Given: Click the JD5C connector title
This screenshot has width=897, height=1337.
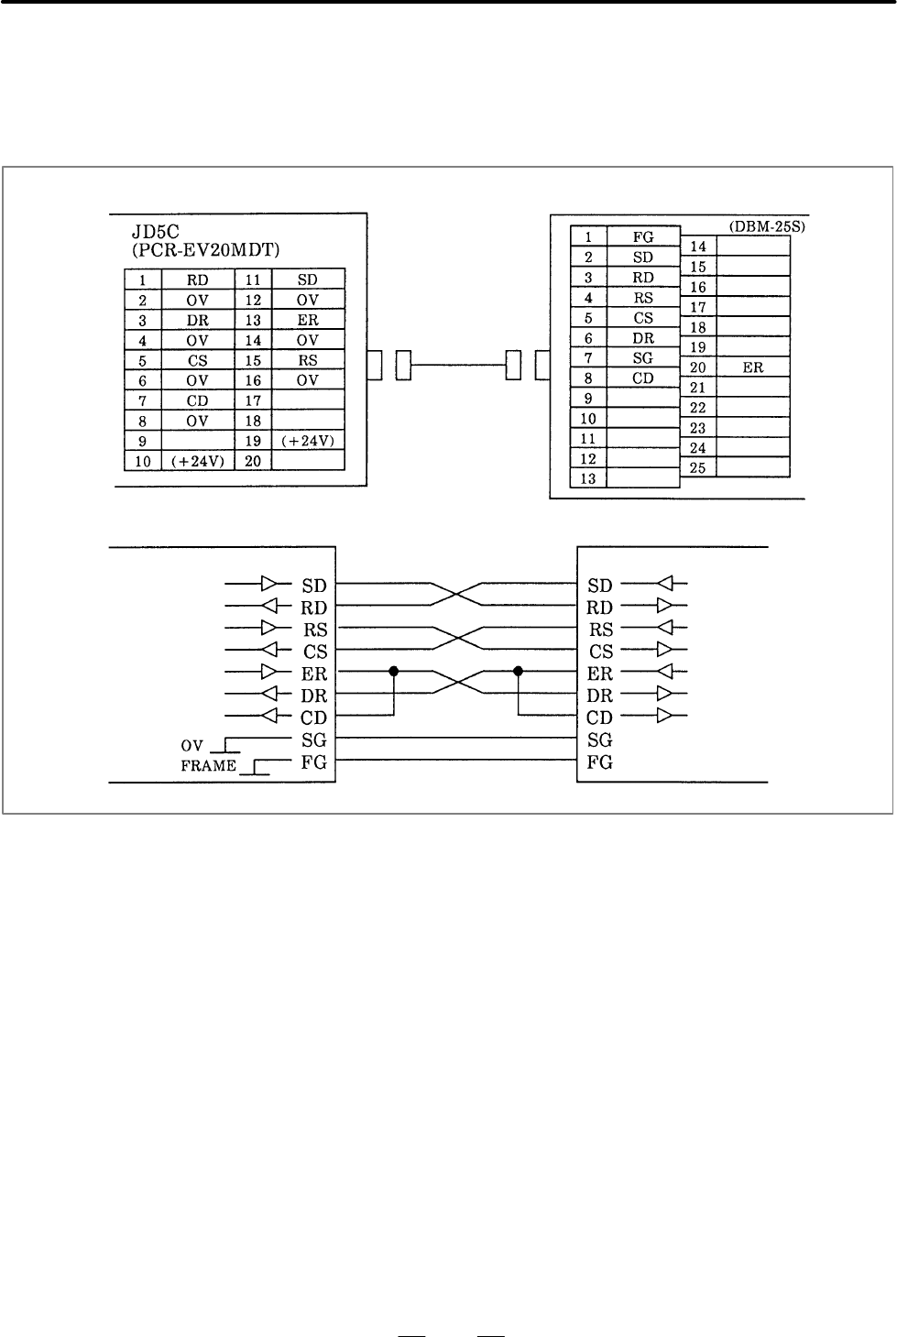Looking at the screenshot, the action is tap(155, 232).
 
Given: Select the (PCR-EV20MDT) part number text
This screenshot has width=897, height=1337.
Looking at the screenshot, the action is tap(206, 250).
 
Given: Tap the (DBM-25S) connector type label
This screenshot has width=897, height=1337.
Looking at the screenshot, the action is tap(767, 227).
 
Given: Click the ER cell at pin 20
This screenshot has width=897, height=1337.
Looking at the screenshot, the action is tap(752, 367).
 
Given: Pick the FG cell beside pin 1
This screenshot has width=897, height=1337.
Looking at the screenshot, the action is tap(643, 237).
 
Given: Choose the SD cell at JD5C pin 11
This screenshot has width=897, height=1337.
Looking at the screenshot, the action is tap(308, 279).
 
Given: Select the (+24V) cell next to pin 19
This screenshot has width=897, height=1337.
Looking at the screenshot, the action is tap(308, 441).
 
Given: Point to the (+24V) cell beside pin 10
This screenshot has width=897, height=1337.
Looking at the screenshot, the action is tap(198, 461).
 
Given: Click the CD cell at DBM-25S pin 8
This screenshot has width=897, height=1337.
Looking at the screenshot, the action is tap(643, 378).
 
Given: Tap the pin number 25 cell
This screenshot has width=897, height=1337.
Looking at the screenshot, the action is tap(698, 468).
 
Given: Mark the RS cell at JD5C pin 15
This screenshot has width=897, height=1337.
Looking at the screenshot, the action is tap(308, 360).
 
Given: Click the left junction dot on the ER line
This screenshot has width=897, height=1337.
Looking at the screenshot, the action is tap(393, 672).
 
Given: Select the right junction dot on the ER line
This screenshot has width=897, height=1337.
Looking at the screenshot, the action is tap(518, 672).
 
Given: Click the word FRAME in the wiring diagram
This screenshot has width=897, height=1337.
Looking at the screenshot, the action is tap(208, 766).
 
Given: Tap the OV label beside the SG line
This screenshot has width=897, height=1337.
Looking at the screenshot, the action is tap(192, 746).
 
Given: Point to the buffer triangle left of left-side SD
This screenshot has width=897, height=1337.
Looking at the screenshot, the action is tap(268, 583).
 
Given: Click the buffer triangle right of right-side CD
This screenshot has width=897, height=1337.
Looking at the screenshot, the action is tap(664, 715).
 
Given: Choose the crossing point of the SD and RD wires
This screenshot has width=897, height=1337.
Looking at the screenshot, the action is tap(456, 594).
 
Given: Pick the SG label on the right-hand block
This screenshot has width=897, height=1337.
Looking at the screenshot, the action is tap(600, 740).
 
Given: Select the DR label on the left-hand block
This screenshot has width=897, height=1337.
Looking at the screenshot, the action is tap(314, 696).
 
